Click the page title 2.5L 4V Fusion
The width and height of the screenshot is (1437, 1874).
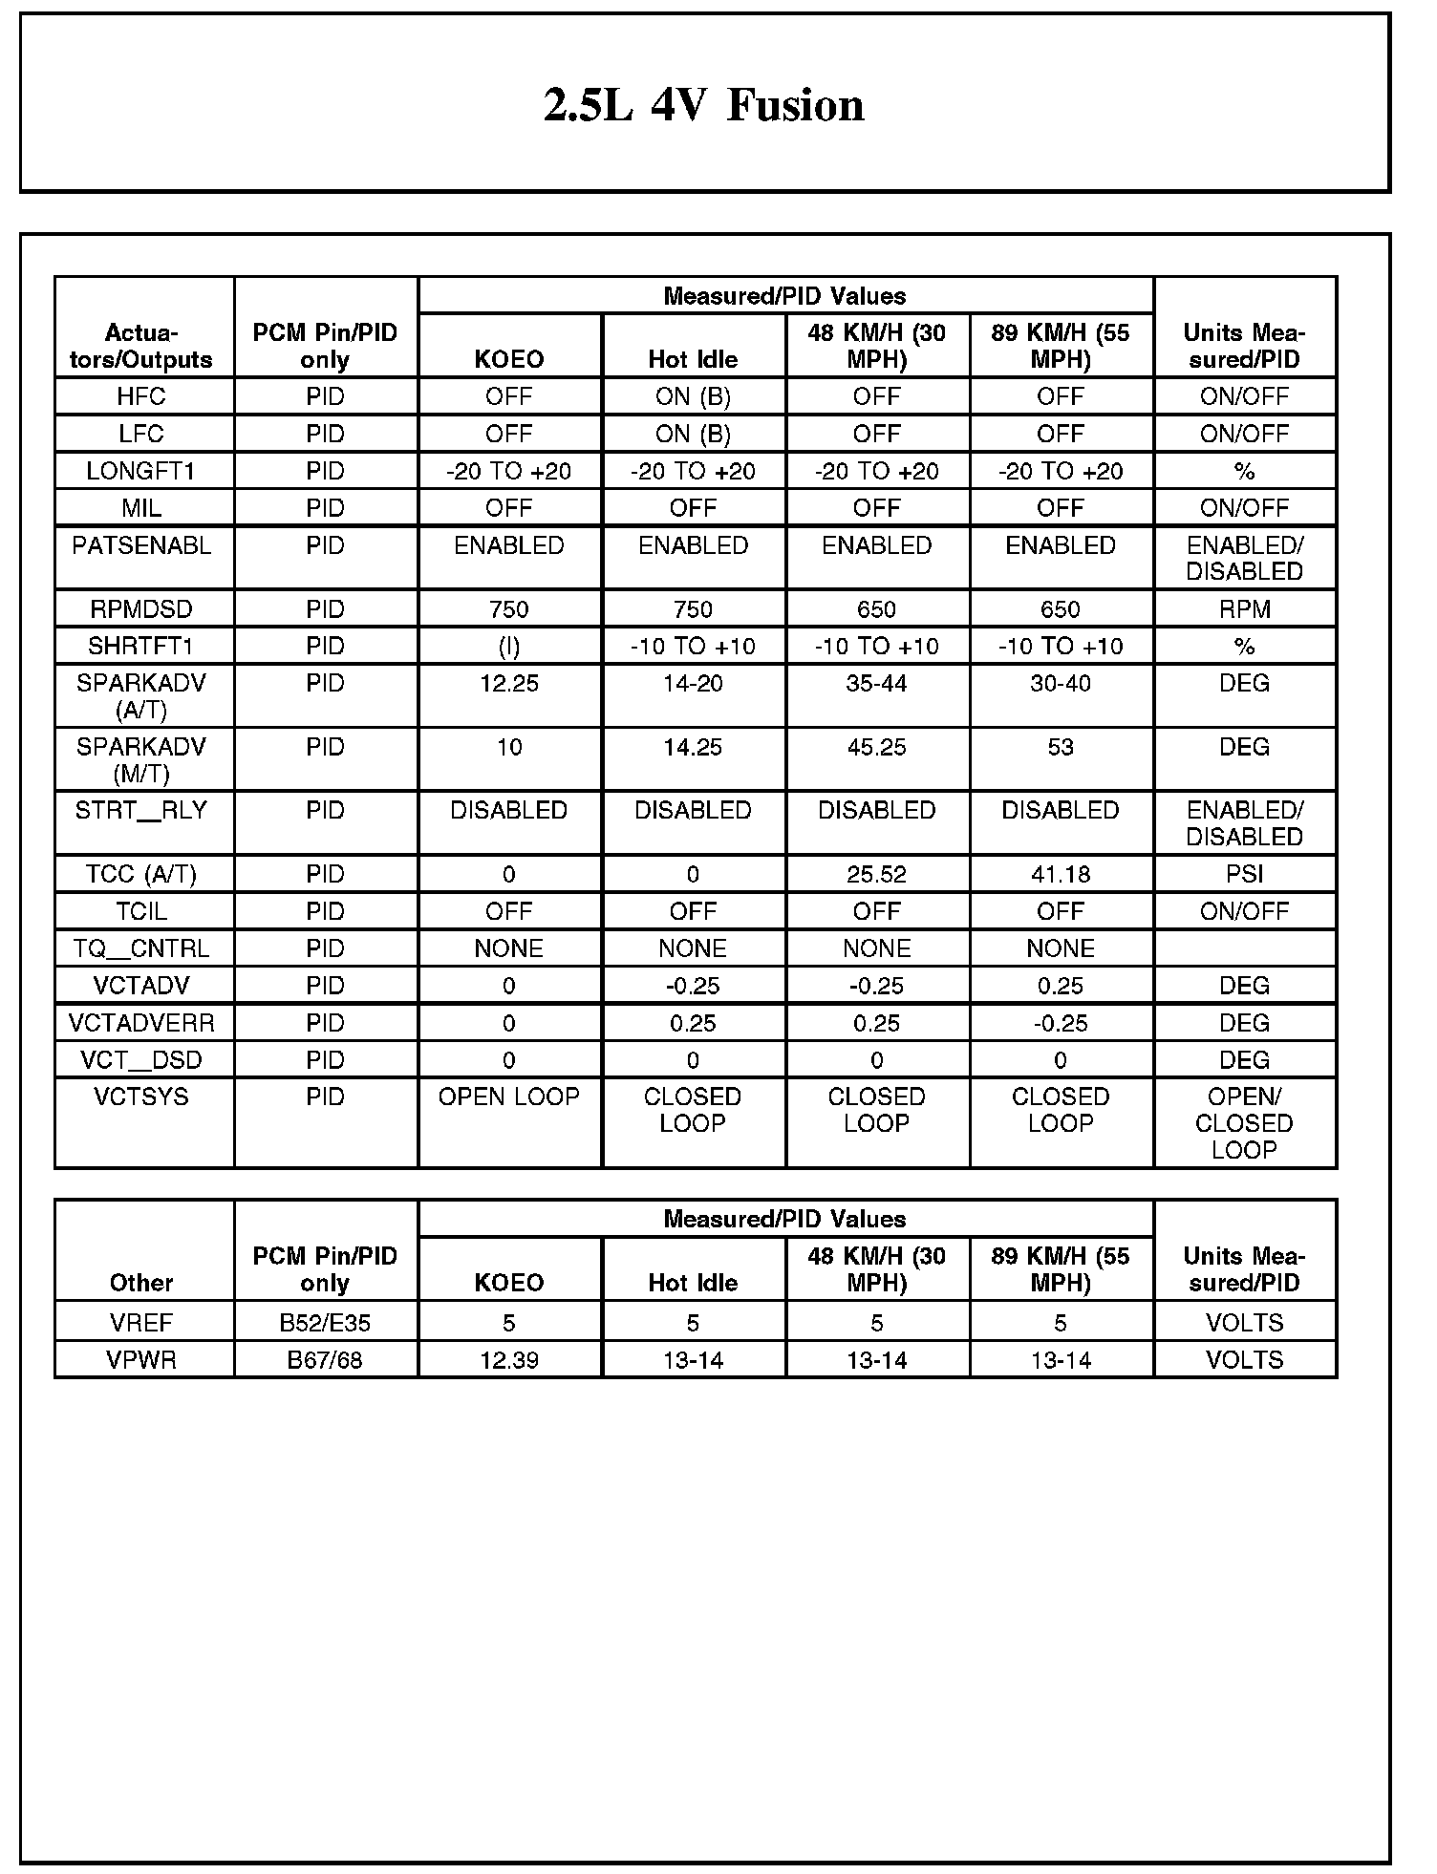click(x=704, y=105)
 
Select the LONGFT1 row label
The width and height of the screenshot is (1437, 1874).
click(x=141, y=471)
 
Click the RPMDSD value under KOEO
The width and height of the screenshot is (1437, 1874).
click(x=508, y=609)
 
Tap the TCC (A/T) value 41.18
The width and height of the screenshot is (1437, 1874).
click(x=1061, y=874)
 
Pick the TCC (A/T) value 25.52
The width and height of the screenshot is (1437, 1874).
click(x=876, y=874)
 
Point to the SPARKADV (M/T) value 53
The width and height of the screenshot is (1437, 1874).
click(x=1061, y=747)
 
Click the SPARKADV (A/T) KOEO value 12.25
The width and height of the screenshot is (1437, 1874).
click(x=508, y=683)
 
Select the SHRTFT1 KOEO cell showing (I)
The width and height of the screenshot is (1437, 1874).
click(x=508, y=647)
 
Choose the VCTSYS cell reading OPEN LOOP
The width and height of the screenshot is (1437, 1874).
click(x=508, y=1097)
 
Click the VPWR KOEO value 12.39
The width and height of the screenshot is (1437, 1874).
click(x=508, y=1360)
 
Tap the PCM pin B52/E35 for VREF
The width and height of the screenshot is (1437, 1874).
click(x=325, y=1323)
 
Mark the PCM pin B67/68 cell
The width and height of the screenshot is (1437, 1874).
click(x=325, y=1360)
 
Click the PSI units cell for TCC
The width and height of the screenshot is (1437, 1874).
click(x=1244, y=874)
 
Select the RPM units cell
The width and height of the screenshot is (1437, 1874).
click(x=1244, y=609)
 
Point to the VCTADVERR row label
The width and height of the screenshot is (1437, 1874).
click(x=141, y=1023)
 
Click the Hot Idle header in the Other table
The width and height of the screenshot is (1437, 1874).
click(x=693, y=1283)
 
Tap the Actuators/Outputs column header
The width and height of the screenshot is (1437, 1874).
click(x=141, y=346)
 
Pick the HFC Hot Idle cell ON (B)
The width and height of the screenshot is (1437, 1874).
click(x=693, y=396)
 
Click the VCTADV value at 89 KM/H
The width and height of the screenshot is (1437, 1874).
click(x=1061, y=986)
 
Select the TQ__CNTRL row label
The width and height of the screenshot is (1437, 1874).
click(x=141, y=948)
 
